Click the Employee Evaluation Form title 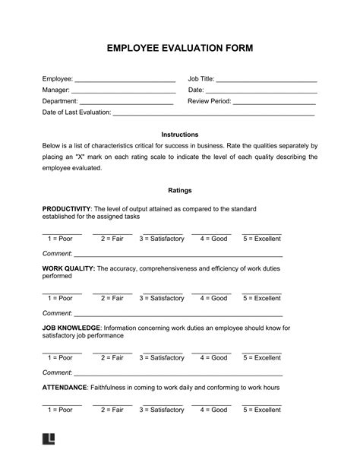pos(180,49)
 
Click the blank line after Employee pos(125,80)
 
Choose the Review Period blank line pos(273,102)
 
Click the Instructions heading pos(180,134)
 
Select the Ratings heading pos(180,190)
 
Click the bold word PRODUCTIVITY pos(66,208)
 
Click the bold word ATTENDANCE pos(65,388)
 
